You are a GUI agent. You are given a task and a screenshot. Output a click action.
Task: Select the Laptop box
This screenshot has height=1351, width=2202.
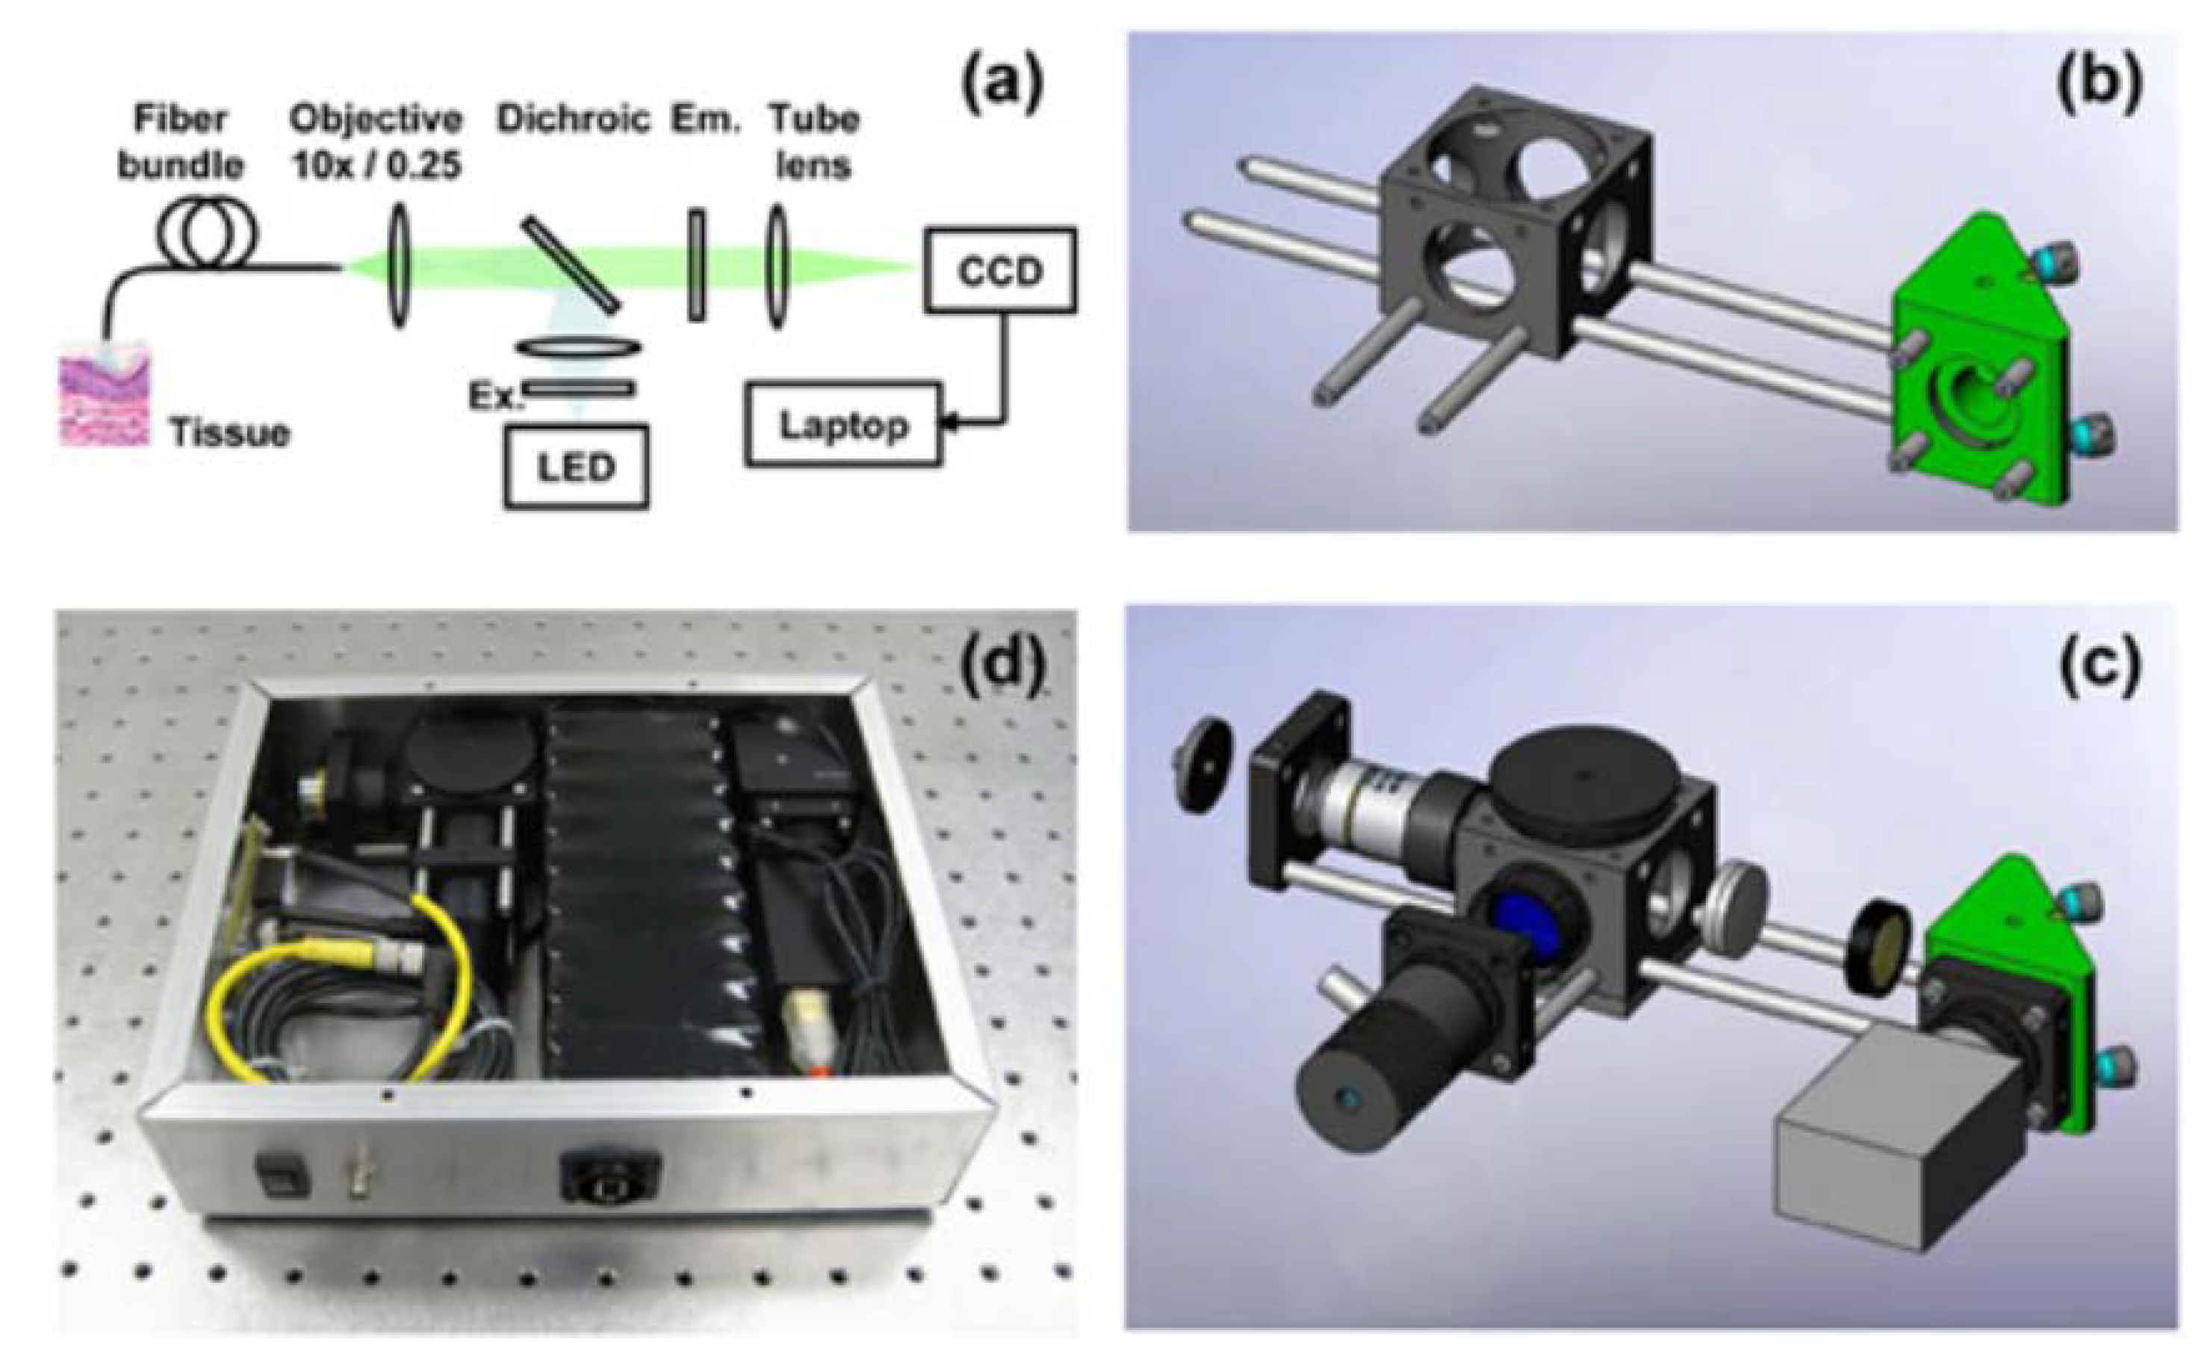pyautogui.click(x=843, y=426)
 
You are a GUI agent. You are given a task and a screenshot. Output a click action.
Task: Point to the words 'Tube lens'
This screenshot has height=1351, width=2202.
pyautogui.click(x=813, y=143)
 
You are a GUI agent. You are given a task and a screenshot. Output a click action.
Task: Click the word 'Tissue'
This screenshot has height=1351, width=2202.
pyautogui.click(x=229, y=433)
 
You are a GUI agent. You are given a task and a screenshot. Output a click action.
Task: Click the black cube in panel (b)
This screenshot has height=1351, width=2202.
pyautogui.click(x=1510, y=223)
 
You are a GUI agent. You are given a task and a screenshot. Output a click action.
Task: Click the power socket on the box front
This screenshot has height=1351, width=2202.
pyautogui.click(x=610, y=1178)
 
